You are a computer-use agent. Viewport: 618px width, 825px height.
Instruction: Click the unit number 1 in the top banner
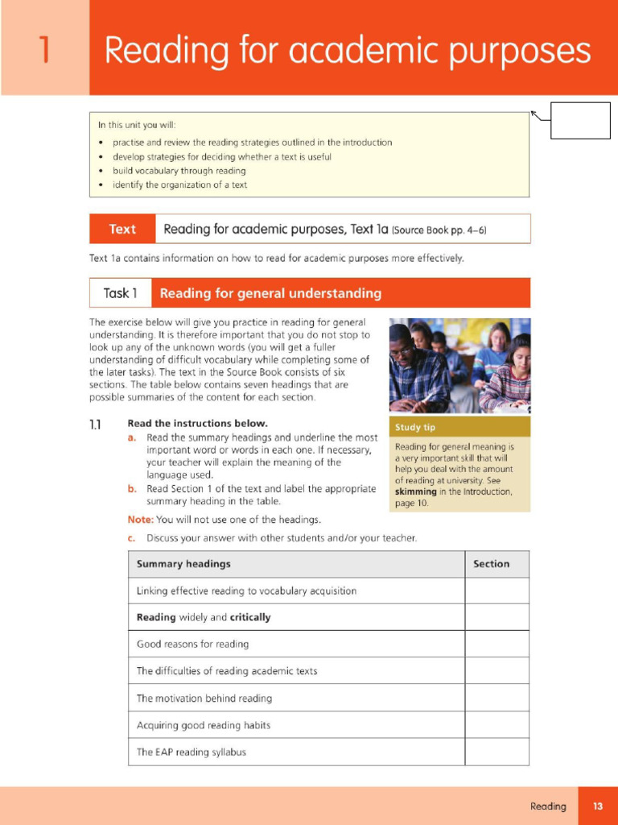coord(44,49)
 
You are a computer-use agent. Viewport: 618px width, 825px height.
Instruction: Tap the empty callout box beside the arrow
coord(579,121)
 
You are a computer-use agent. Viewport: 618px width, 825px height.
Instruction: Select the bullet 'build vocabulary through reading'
coord(179,171)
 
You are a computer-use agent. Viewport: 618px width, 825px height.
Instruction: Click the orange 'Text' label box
coord(122,229)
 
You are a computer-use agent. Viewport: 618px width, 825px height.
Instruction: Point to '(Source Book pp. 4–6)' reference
coord(439,230)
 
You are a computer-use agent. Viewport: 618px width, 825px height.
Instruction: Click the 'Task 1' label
coord(120,293)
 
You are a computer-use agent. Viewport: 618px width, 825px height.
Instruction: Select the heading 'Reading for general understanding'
coord(270,293)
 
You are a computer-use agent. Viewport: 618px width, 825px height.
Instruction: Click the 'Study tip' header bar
coord(459,427)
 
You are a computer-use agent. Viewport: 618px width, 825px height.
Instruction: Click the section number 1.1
coord(96,424)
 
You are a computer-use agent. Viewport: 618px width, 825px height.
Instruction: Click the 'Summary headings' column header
coord(183,564)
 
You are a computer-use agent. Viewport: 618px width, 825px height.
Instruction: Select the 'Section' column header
coord(491,564)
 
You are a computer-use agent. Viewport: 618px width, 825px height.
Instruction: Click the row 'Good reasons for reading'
coord(192,644)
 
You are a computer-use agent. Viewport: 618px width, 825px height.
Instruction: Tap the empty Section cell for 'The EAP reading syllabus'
coord(496,752)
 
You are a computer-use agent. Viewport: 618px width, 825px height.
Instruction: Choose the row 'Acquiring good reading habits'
coord(204,725)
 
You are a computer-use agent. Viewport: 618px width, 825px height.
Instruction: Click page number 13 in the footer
coord(598,806)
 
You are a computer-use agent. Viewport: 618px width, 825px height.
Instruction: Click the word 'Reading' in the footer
coord(548,806)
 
